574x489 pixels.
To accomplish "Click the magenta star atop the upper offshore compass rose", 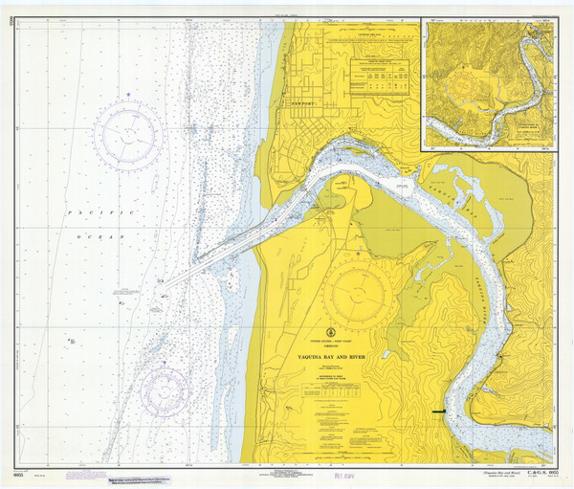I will [x=128, y=95].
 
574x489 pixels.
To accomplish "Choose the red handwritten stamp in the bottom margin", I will [x=337, y=474].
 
